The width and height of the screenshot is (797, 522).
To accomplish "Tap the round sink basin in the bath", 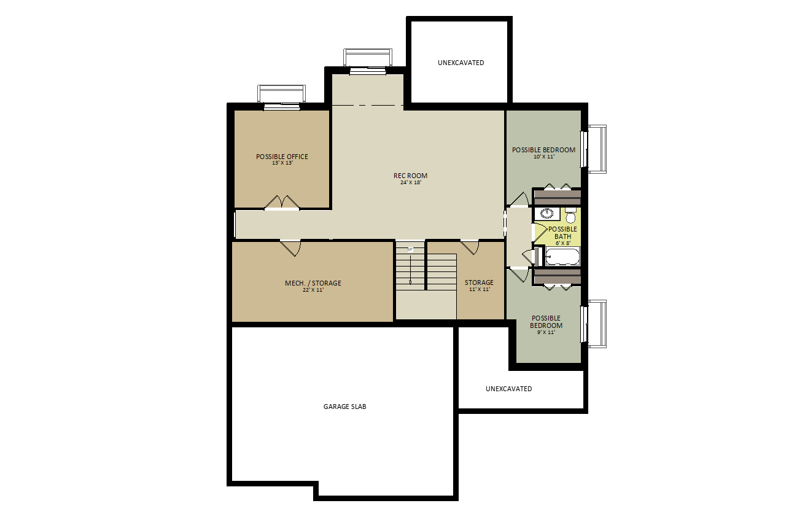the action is (546, 214).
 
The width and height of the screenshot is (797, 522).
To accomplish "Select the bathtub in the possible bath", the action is (562, 257).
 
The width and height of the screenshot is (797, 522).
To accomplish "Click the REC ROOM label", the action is (410, 176).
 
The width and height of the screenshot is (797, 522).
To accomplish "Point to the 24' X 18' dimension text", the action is (411, 182).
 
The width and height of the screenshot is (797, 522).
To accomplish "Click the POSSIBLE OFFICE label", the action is (282, 157).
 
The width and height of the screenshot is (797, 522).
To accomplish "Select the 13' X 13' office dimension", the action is (282, 163).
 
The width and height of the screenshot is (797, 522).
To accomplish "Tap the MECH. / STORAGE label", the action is (313, 283).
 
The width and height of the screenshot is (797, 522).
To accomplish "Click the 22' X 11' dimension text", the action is (313, 290).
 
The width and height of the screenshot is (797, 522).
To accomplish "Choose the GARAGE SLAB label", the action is (345, 407).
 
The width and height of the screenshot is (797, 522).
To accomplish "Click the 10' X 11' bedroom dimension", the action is (544, 157).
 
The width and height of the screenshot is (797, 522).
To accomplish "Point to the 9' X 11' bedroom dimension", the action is (546, 332).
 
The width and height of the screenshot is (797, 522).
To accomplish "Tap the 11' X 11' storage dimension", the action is (480, 289).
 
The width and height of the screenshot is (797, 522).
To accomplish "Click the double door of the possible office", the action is (282, 203).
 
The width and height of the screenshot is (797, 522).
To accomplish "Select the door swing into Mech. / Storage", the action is (291, 248).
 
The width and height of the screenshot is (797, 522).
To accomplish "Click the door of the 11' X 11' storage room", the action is (470, 247).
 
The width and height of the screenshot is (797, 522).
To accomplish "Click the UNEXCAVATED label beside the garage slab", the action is (509, 389).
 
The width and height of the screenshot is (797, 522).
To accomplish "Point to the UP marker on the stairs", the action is (410, 249).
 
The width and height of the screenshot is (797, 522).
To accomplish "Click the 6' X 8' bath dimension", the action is (563, 243).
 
